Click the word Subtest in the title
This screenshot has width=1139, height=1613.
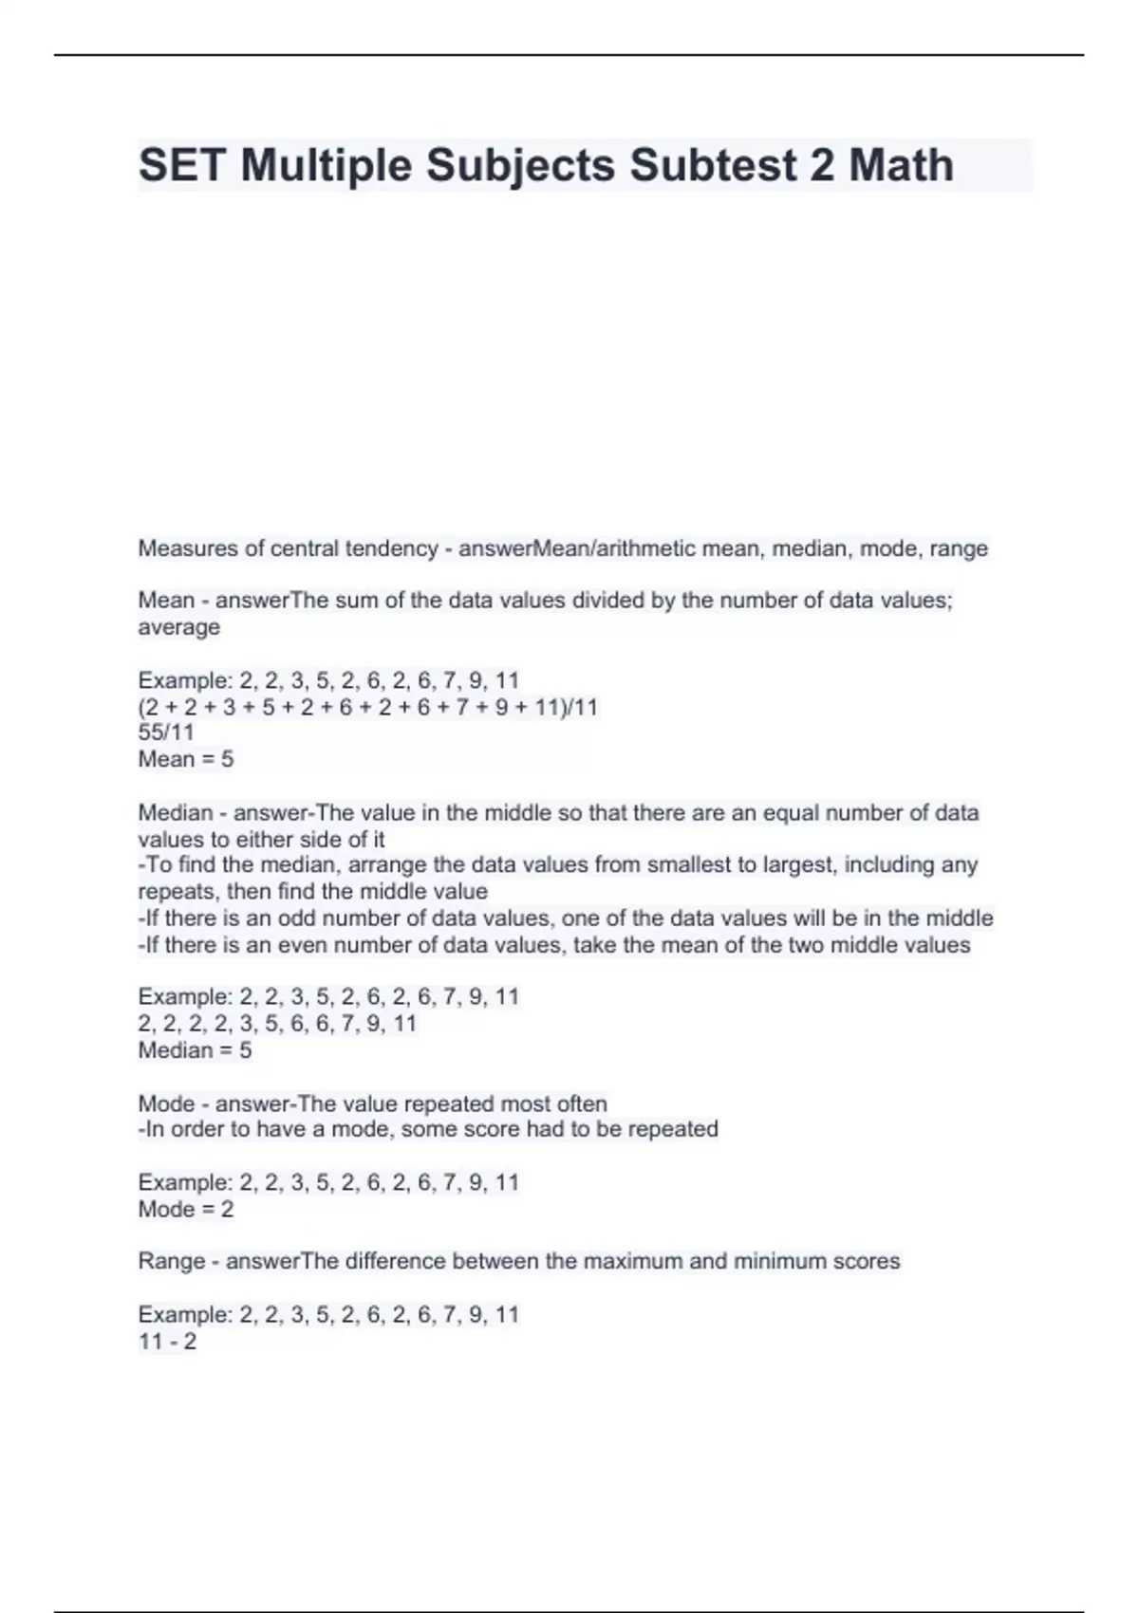[x=713, y=165]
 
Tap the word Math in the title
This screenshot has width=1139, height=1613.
[x=901, y=165]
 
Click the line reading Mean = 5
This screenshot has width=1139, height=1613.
[x=186, y=759]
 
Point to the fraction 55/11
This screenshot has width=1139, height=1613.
[x=166, y=732]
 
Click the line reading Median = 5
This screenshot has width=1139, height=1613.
[x=196, y=1050]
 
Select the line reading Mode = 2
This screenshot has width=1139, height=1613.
[x=186, y=1209]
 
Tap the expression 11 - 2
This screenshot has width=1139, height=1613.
[x=168, y=1342]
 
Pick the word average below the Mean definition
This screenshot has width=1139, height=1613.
[x=179, y=627]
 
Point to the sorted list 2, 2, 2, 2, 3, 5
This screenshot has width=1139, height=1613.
[x=278, y=1024]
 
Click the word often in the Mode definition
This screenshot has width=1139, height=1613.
[x=582, y=1104]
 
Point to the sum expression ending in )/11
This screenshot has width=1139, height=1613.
[x=368, y=707]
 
